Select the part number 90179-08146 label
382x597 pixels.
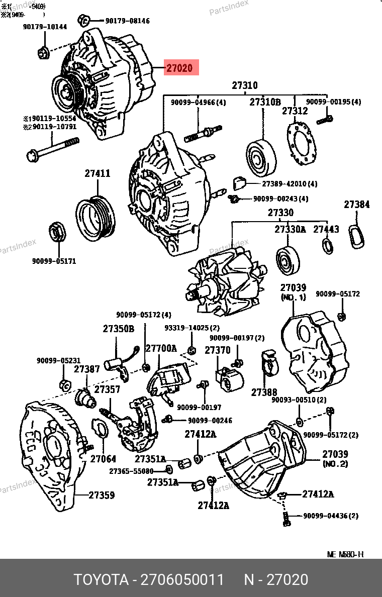coord(127,21)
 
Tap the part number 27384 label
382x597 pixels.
coord(357,205)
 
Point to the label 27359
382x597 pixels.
coord(102,495)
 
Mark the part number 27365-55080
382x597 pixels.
coord(131,471)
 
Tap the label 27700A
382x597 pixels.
coord(161,348)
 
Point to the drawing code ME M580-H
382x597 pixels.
coord(345,555)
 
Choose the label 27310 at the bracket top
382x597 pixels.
coord(245,86)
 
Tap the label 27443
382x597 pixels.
coord(326,229)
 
